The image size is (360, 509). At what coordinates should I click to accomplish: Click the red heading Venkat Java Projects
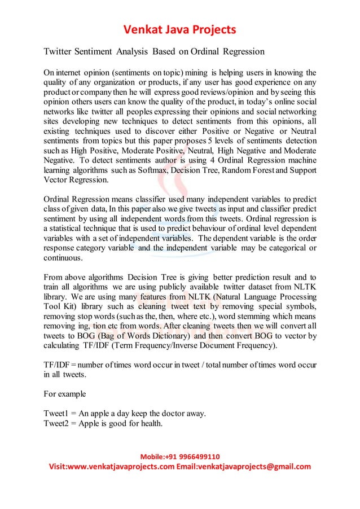[x=179, y=29]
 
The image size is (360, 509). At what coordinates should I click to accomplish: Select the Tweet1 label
[x=56, y=412]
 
